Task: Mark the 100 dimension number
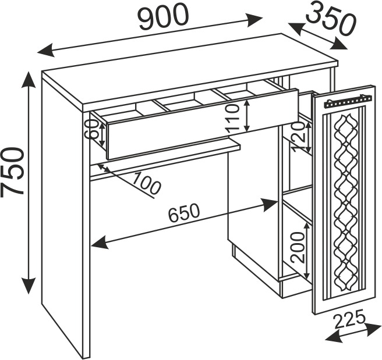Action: [x=144, y=183]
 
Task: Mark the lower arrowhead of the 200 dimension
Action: [x=306, y=273]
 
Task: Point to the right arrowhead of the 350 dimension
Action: [x=341, y=44]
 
